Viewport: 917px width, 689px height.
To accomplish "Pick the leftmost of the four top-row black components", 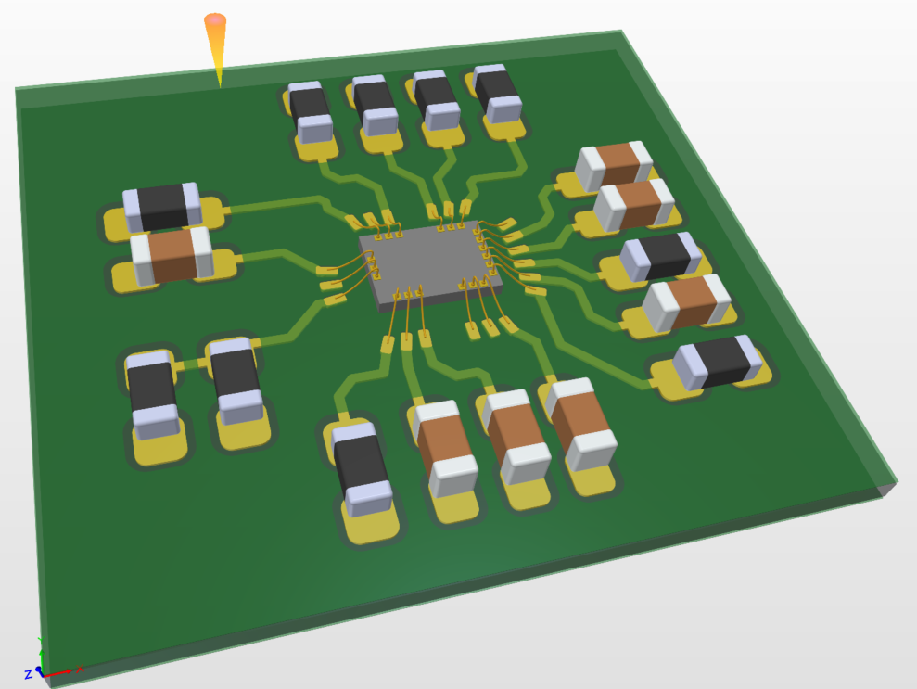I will (x=311, y=112).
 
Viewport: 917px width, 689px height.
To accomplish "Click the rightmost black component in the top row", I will (x=499, y=94).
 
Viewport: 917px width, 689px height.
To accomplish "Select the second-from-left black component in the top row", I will (x=375, y=106).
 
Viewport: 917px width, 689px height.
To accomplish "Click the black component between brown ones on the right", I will (x=661, y=255).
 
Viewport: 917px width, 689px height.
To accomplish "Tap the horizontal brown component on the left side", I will (x=172, y=256).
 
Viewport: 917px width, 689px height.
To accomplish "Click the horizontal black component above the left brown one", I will (x=161, y=206).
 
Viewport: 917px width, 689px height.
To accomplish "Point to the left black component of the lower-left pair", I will (x=152, y=393).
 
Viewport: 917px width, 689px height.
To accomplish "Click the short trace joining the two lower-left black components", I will (x=191, y=364).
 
